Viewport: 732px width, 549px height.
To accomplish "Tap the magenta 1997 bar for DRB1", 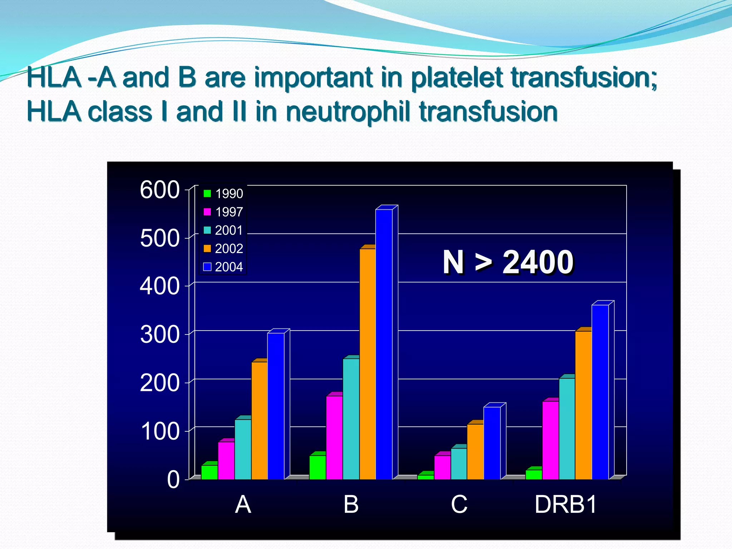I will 550,440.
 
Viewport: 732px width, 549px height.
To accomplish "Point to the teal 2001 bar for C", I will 459,464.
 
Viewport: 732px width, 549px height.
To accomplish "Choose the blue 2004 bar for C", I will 492,443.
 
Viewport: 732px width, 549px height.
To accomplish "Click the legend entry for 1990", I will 223,194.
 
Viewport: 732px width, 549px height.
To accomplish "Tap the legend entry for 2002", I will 223,248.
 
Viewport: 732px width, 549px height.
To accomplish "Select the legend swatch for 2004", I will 207,267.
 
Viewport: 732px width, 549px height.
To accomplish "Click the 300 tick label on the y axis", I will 159,335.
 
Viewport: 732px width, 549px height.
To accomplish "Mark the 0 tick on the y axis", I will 173,480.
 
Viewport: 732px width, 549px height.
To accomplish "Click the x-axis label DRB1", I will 565,505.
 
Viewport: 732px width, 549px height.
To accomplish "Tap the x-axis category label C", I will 459,505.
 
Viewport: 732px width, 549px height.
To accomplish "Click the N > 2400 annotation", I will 508,262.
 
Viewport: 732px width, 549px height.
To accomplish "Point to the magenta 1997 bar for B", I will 335,437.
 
